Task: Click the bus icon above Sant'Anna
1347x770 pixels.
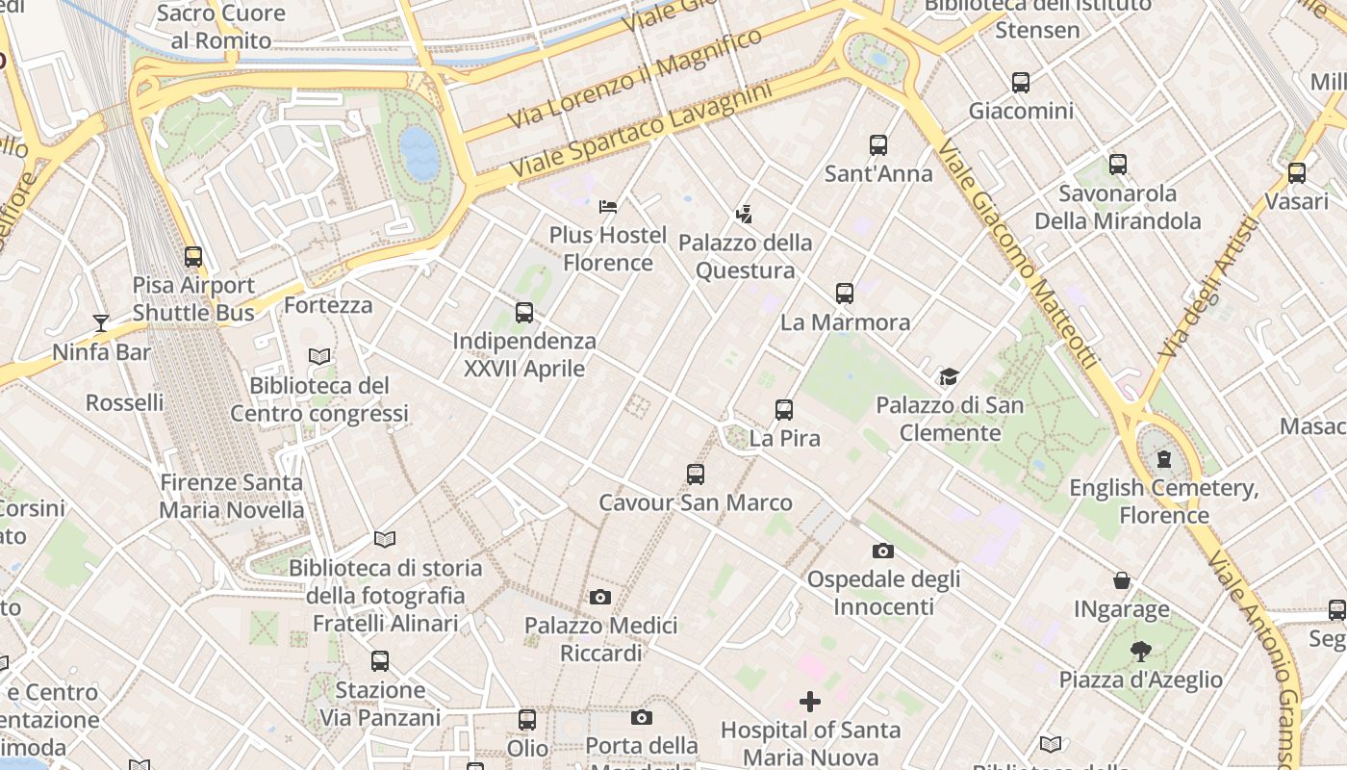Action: click(878, 145)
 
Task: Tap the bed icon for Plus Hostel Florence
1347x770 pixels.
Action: click(608, 206)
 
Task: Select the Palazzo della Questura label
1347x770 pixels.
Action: click(746, 256)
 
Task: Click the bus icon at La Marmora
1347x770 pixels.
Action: click(845, 294)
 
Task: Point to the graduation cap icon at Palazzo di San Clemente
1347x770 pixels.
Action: click(950, 376)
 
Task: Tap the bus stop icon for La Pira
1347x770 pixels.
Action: click(784, 410)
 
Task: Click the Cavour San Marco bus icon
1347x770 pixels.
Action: click(696, 474)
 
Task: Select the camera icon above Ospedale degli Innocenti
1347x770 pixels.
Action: click(882, 551)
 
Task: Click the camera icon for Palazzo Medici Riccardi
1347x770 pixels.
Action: click(600, 598)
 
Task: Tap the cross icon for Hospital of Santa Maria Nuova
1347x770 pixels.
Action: click(810, 702)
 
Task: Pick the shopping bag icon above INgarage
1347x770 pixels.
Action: click(1122, 580)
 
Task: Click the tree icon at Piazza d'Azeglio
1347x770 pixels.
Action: click(1141, 652)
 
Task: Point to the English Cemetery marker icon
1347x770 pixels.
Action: click(1164, 458)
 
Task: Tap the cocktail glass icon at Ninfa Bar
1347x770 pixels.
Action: click(101, 322)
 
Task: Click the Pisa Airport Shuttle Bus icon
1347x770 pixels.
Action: click(193, 257)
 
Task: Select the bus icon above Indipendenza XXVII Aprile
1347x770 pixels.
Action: click(524, 313)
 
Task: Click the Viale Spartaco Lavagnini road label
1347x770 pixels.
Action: click(641, 129)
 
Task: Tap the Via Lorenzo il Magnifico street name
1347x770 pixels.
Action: click(635, 78)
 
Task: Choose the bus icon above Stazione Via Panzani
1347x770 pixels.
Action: click(380, 661)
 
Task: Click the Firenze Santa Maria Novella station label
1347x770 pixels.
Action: click(231, 496)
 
